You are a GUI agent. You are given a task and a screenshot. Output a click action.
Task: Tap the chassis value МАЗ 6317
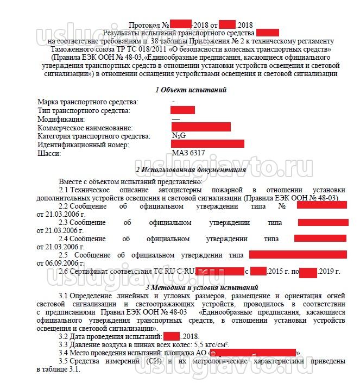pyautogui.click(x=188, y=153)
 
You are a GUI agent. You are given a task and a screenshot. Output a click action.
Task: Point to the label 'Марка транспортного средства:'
pyautogui.click(x=87, y=102)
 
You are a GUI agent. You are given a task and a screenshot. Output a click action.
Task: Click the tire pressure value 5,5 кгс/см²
pyautogui.click(x=211, y=344)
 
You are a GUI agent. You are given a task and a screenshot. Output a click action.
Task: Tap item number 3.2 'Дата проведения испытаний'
pyautogui.click(x=64, y=336)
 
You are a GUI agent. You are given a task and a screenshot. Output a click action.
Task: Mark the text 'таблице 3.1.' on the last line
pyautogui.click(x=58, y=369)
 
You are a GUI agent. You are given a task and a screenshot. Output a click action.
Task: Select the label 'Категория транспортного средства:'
pyautogui.click(x=94, y=136)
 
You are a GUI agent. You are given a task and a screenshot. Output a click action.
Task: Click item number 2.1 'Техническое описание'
pyautogui.click(x=64, y=190)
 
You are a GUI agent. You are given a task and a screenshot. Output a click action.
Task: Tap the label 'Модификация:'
pyautogui.click(x=61, y=119)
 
